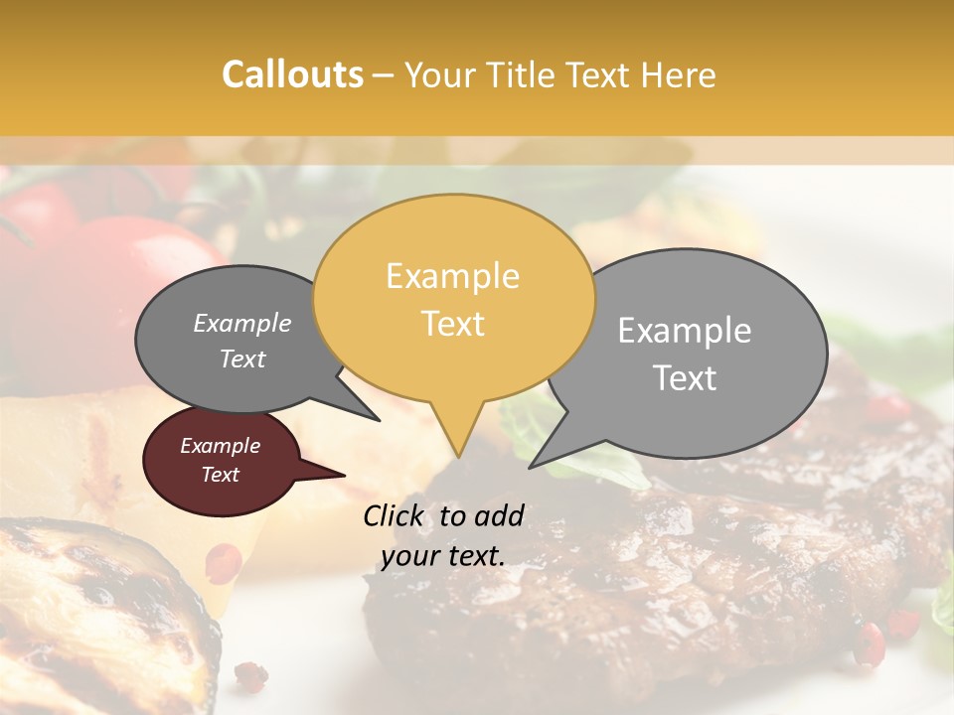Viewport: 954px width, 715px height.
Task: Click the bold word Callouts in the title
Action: pos(292,74)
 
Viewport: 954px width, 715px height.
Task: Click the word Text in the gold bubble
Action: pos(452,323)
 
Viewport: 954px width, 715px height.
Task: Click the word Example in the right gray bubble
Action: pos(685,331)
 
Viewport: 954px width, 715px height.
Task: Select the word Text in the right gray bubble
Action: pos(685,377)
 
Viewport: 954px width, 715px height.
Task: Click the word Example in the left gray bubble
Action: pos(241,323)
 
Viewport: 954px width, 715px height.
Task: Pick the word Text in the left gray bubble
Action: pos(241,358)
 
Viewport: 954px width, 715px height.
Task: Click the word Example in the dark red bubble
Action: pos(220,446)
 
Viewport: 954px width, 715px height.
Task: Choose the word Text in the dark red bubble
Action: pos(220,475)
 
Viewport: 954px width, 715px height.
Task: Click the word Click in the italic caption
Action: pos(396,514)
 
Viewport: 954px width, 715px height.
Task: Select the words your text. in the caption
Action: pos(443,556)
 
